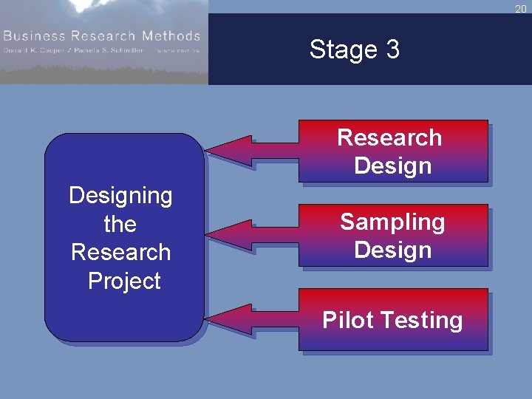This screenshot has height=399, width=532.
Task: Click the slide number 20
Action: click(x=520, y=8)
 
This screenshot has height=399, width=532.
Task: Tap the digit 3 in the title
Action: click(x=392, y=50)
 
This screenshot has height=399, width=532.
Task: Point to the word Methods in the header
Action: click(x=171, y=35)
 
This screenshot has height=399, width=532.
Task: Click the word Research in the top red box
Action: click(x=389, y=137)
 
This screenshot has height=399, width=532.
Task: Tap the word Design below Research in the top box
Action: click(x=392, y=166)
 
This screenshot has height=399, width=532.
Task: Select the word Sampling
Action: click(x=392, y=222)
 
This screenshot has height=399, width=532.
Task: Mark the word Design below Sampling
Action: click(x=392, y=250)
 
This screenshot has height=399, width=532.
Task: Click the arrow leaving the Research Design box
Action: click(x=251, y=150)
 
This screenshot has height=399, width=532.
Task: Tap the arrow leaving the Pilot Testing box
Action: click(x=251, y=318)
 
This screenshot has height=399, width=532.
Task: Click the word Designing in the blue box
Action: click(x=120, y=195)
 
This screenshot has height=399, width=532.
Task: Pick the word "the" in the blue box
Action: click(x=120, y=224)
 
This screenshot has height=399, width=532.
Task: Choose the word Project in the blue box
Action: click(x=124, y=281)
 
